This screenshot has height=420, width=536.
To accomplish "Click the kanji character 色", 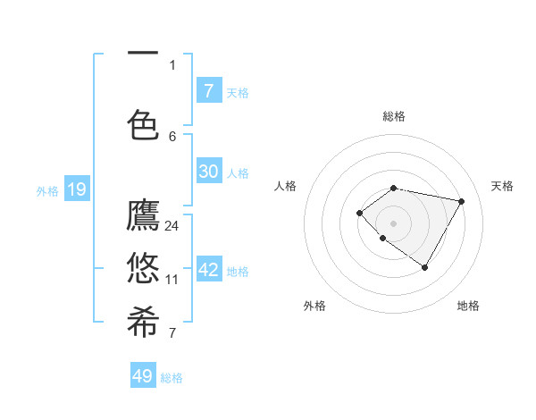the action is point(143,122).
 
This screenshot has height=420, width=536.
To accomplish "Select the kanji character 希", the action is point(143,321).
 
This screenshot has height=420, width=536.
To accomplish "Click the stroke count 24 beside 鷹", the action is point(172,226).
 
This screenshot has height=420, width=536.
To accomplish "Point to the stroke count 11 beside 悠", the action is point(172,280).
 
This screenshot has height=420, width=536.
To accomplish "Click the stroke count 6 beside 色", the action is point(172,136).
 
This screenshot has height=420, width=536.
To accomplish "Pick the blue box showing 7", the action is point(208,90).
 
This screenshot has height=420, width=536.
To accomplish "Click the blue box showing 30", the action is point(208,172).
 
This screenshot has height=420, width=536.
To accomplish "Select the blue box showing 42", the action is point(208,270).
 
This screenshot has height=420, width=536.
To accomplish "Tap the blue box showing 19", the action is point(76,189).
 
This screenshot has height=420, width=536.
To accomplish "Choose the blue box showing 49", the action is point(143,376).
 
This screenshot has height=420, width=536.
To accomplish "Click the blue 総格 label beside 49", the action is point(172,378).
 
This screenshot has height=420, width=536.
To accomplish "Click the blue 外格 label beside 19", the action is point(47,190).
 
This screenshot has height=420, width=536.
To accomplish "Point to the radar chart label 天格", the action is point(502,186).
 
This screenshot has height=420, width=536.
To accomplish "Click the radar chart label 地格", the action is point(468,306).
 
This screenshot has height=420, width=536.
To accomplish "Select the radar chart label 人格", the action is point(285,186).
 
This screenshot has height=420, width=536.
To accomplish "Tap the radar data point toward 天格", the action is point(461,201).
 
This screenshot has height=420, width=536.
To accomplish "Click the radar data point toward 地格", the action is point(424,267).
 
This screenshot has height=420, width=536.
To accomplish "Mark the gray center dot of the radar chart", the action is point(393,223).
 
